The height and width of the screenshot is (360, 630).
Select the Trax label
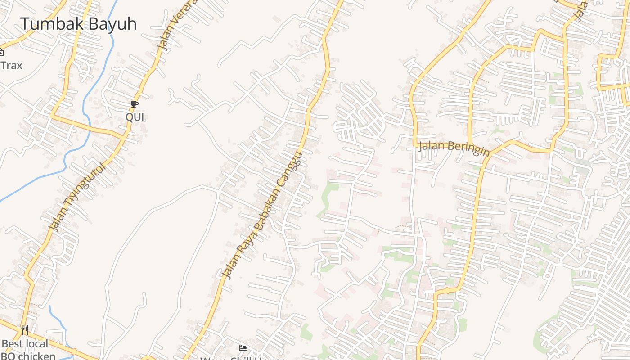[11, 66]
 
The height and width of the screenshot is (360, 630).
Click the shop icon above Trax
[1, 52]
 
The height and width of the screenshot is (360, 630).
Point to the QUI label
[135, 117]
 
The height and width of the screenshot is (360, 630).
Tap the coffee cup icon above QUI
[135, 104]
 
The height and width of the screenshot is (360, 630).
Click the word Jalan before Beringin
[432, 146]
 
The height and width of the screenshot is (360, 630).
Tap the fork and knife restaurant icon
[25, 331]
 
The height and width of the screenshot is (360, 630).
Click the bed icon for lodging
[243, 348]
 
